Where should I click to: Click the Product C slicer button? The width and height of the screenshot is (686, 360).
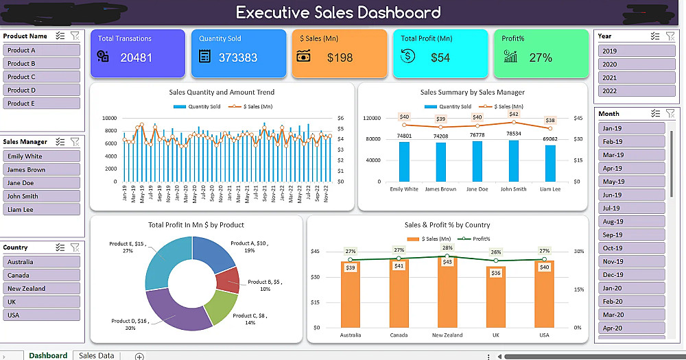[x=41, y=77]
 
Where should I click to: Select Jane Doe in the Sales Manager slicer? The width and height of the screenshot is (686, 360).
[x=41, y=183]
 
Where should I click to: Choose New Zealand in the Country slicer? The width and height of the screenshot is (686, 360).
[x=41, y=289]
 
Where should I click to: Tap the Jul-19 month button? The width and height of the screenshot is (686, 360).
[x=630, y=208]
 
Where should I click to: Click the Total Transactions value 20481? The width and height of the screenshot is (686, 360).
[x=136, y=58]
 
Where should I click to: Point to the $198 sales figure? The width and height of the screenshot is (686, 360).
[x=340, y=58]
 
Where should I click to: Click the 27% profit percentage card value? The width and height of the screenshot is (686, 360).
[x=541, y=58]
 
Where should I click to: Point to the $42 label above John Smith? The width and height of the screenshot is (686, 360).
[x=514, y=114]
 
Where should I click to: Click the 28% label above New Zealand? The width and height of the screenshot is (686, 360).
[x=447, y=248]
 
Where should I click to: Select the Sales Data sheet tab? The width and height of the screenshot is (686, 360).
[x=97, y=356]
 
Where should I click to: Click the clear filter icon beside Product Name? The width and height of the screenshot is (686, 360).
[x=75, y=36]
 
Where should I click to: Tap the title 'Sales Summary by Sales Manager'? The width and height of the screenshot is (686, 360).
[x=472, y=92]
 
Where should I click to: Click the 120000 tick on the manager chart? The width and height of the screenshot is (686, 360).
[x=371, y=118]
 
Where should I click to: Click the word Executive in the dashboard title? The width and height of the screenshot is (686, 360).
[x=281, y=12]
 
